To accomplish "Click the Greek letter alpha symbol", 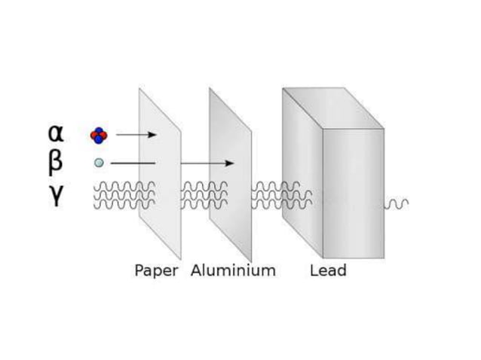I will pyautogui.click(x=56, y=133).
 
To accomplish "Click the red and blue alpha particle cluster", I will pyautogui.click(x=99, y=135).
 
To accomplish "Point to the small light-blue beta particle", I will pyautogui.click(x=99, y=163).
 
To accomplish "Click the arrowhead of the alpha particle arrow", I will pyautogui.click(x=153, y=135).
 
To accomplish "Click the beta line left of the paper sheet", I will pyautogui.click(x=132, y=163).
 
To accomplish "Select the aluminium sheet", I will pyautogui.click(x=231, y=218).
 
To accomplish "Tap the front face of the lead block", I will pyautogui.click(x=353, y=196).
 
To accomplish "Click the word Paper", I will pyautogui.click(x=156, y=270).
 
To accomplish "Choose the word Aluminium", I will pyautogui.click(x=233, y=270).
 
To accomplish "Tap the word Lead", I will pyautogui.click(x=328, y=270).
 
